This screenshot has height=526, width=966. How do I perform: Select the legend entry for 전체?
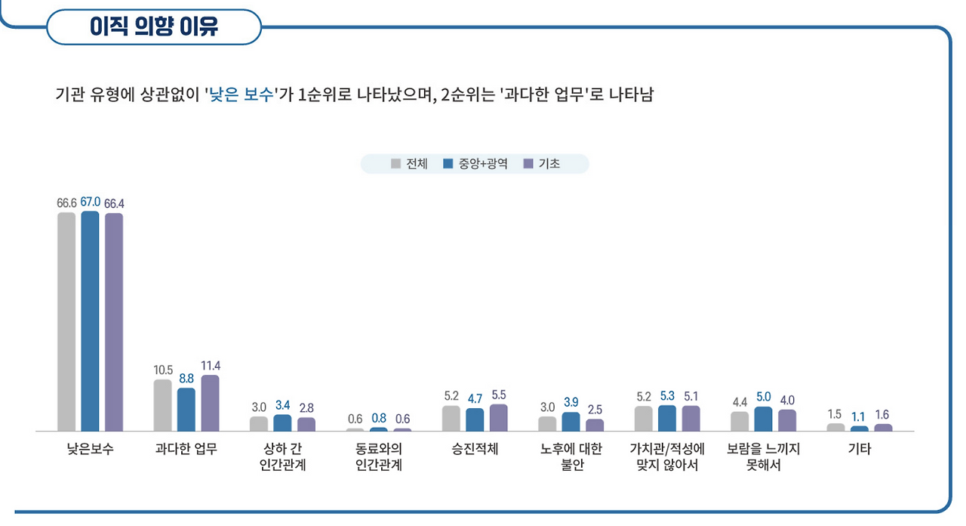409,164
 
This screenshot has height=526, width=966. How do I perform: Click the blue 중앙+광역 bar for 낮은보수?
90,321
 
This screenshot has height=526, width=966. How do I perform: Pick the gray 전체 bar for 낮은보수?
66,322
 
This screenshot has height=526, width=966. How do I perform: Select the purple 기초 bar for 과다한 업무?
210,403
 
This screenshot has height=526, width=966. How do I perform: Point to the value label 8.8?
186,377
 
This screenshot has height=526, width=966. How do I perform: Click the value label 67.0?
90,201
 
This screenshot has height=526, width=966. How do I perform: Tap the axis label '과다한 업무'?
186,449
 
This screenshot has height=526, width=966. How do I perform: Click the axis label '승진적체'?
475,449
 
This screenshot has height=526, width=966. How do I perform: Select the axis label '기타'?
859,449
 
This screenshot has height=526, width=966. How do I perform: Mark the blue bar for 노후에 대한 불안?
571,422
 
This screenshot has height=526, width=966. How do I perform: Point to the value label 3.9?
571,402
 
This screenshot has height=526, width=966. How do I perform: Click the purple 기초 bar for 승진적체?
499,418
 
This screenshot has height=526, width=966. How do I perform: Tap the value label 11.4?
211,365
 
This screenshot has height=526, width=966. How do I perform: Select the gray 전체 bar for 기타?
835,427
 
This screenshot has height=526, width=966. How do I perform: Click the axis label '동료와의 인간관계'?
378,456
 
